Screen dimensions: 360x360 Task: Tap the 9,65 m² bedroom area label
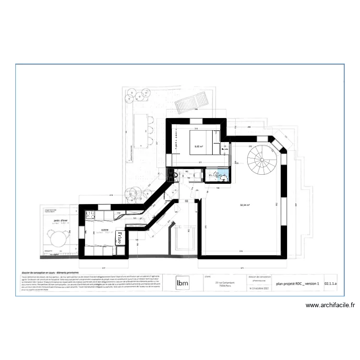pyautogui.click(x=198, y=146)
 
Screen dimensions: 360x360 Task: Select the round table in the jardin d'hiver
pyautogui.click(x=57, y=237)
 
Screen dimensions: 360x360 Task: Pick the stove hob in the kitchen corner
pyautogui.click(x=90, y=216)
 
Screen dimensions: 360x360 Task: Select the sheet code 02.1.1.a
pyautogui.click(x=331, y=283)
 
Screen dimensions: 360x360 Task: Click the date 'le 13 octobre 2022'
pyautogui.click(x=259, y=289)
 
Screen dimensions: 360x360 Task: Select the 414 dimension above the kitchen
pyautogui.click(x=111, y=195)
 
